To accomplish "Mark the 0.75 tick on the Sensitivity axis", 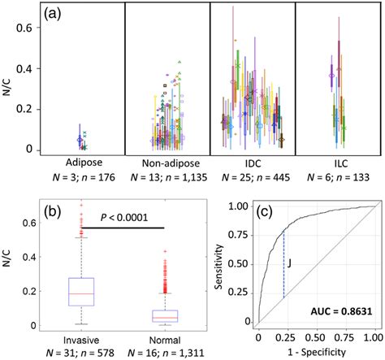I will tap(243, 233).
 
